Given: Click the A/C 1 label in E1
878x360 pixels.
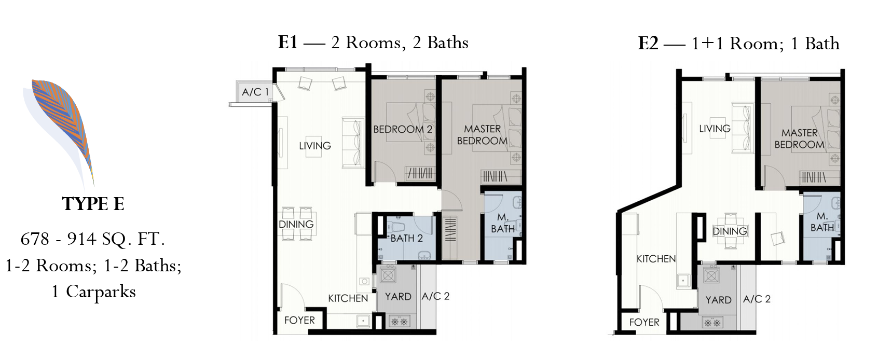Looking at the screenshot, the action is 255,92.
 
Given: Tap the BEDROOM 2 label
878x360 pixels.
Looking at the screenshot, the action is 403,129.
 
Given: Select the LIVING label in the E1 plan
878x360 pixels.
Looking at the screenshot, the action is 315,146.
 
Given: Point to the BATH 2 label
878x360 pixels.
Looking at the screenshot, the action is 406,238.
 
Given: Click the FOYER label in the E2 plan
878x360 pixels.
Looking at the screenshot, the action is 644,322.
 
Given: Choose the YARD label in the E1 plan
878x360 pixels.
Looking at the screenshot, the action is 398,297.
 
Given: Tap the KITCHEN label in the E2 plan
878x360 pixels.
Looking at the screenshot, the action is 656,259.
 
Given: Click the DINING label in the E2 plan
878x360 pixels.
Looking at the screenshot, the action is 730,231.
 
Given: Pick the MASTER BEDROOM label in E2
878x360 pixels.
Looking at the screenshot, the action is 799,139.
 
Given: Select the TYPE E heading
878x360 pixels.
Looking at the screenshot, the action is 93,204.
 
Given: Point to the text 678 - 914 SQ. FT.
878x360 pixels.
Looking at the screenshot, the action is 93,239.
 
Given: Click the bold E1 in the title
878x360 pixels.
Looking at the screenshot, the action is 287,43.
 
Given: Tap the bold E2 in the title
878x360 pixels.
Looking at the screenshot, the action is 648,44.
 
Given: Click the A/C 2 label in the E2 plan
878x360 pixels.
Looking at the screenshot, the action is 757,299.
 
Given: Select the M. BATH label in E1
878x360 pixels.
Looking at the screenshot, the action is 503,223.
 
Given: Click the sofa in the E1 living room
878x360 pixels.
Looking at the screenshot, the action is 352,143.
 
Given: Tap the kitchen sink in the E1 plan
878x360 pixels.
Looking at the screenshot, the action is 363,321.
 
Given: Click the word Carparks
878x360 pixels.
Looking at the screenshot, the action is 101,292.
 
